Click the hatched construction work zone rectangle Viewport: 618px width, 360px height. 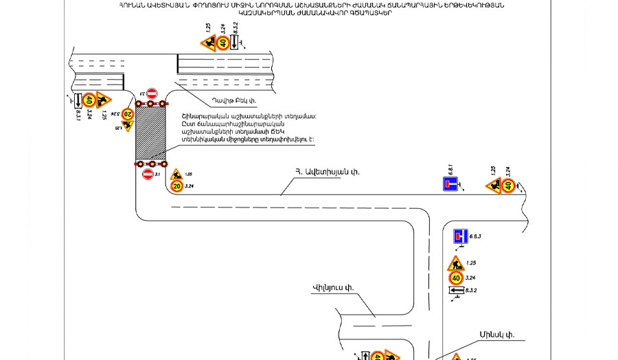coord(151,133)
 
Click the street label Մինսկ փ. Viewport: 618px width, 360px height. coord(497,335)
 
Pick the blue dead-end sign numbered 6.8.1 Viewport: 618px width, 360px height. coord(450,184)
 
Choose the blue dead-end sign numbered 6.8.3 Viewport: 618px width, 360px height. coord(460,237)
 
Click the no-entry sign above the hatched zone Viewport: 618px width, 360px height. coord(152,93)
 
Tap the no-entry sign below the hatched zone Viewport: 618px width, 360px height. coord(148,175)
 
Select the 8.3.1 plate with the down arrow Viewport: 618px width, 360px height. coord(78,101)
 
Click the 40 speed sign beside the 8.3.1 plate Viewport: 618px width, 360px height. coord(89,100)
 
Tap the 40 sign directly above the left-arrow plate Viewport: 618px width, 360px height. coord(455,278)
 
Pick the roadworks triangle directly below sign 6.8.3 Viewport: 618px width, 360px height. coord(455,264)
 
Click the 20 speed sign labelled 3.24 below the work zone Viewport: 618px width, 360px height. coord(176,186)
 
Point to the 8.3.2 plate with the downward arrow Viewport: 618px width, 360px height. coord(235,43)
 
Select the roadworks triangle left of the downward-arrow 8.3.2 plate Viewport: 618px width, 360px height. coord(208,43)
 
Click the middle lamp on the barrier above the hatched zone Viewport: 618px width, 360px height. coord(151,104)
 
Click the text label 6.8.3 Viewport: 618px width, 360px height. coord(475,236)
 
